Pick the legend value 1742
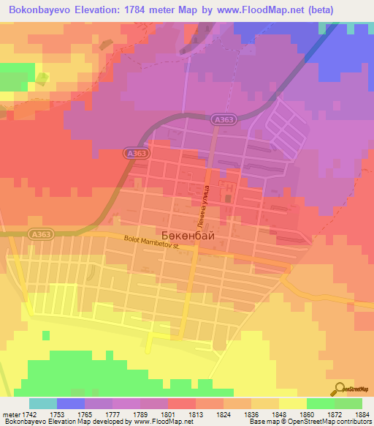(x=29, y=414)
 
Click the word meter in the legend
(x=10, y=414)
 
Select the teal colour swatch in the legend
(x=43, y=403)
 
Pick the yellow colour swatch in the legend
(x=293, y=403)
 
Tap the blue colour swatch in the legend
(x=71, y=403)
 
